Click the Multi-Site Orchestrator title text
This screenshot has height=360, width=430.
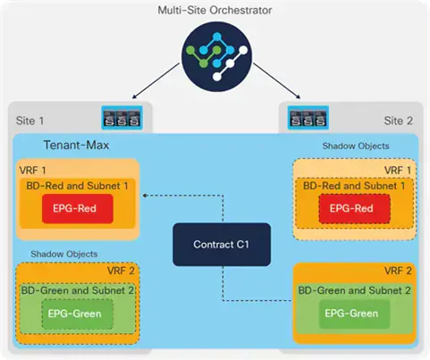[215, 10]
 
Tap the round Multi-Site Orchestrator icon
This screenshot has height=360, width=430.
[216, 56]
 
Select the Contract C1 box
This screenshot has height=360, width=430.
[222, 244]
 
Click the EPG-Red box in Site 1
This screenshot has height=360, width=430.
[78, 208]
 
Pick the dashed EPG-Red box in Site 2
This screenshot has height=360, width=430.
[354, 208]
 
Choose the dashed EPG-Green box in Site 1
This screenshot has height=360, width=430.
[78, 314]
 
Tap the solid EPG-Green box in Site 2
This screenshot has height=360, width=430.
[354, 314]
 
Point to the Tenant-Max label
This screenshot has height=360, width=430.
[76, 145]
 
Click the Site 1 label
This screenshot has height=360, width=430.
[30, 121]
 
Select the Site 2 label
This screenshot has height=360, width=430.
[399, 121]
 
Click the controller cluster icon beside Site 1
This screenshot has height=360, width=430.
[122, 118]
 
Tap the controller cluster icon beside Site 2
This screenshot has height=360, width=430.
[308, 118]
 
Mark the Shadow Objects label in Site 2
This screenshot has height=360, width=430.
[356, 146]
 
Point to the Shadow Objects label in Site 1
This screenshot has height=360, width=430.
[64, 254]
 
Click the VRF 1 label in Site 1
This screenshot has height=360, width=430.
[32, 171]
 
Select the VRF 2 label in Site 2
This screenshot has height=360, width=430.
[398, 271]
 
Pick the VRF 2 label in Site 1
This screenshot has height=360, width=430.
[121, 271]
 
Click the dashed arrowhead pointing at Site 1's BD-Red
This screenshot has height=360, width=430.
[145, 196]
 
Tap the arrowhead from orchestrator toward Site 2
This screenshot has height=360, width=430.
[298, 96]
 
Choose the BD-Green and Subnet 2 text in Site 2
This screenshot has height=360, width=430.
[354, 290]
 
